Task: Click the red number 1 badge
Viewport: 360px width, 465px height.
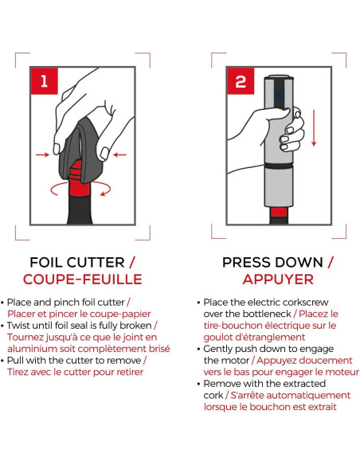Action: [45, 81]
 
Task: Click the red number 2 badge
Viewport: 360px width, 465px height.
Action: [241, 81]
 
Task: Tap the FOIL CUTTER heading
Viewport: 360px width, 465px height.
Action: [76, 263]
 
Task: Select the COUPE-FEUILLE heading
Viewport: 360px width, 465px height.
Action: [83, 279]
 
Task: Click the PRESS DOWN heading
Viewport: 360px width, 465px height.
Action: [272, 263]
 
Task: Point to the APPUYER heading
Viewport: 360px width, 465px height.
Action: [278, 279]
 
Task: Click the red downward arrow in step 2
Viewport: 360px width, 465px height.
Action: [314, 128]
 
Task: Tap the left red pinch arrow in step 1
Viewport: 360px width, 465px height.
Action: [42, 154]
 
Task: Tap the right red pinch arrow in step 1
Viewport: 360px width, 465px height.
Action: [119, 154]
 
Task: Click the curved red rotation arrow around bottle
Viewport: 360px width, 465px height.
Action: [80, 193]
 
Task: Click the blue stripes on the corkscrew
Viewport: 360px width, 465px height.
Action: [279, 94]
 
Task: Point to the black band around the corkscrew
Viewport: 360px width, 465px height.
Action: [279, 166]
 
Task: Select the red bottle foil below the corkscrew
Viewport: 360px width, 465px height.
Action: [279, 212]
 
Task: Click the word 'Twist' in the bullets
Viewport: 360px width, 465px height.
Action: [18, 326]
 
